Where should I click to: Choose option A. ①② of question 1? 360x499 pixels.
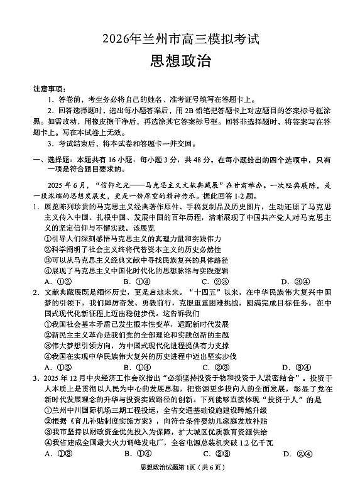58,281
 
